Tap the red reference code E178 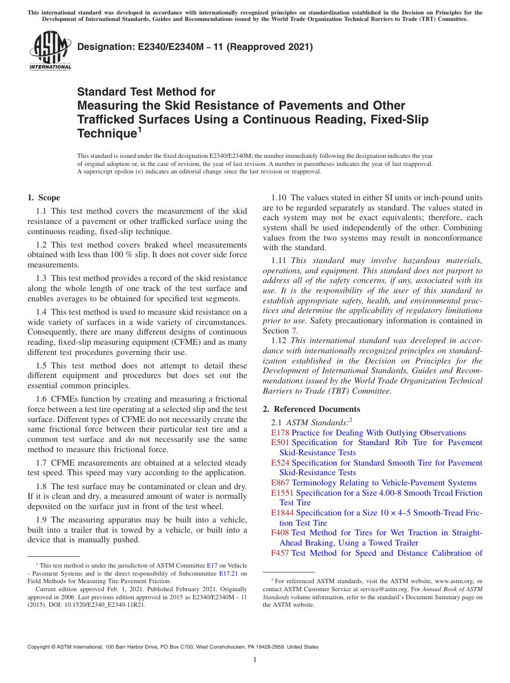tap(280, 433)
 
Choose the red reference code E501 tap(280, 442)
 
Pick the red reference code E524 tap(280, 463)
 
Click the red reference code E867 tap(280, 483)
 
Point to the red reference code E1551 tap(282, 493)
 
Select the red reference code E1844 tap(282, 513)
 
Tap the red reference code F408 tap(280, 533)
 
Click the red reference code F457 tap(280, 553)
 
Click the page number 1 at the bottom tap(255, 660)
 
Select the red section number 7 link tap(294, 331)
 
